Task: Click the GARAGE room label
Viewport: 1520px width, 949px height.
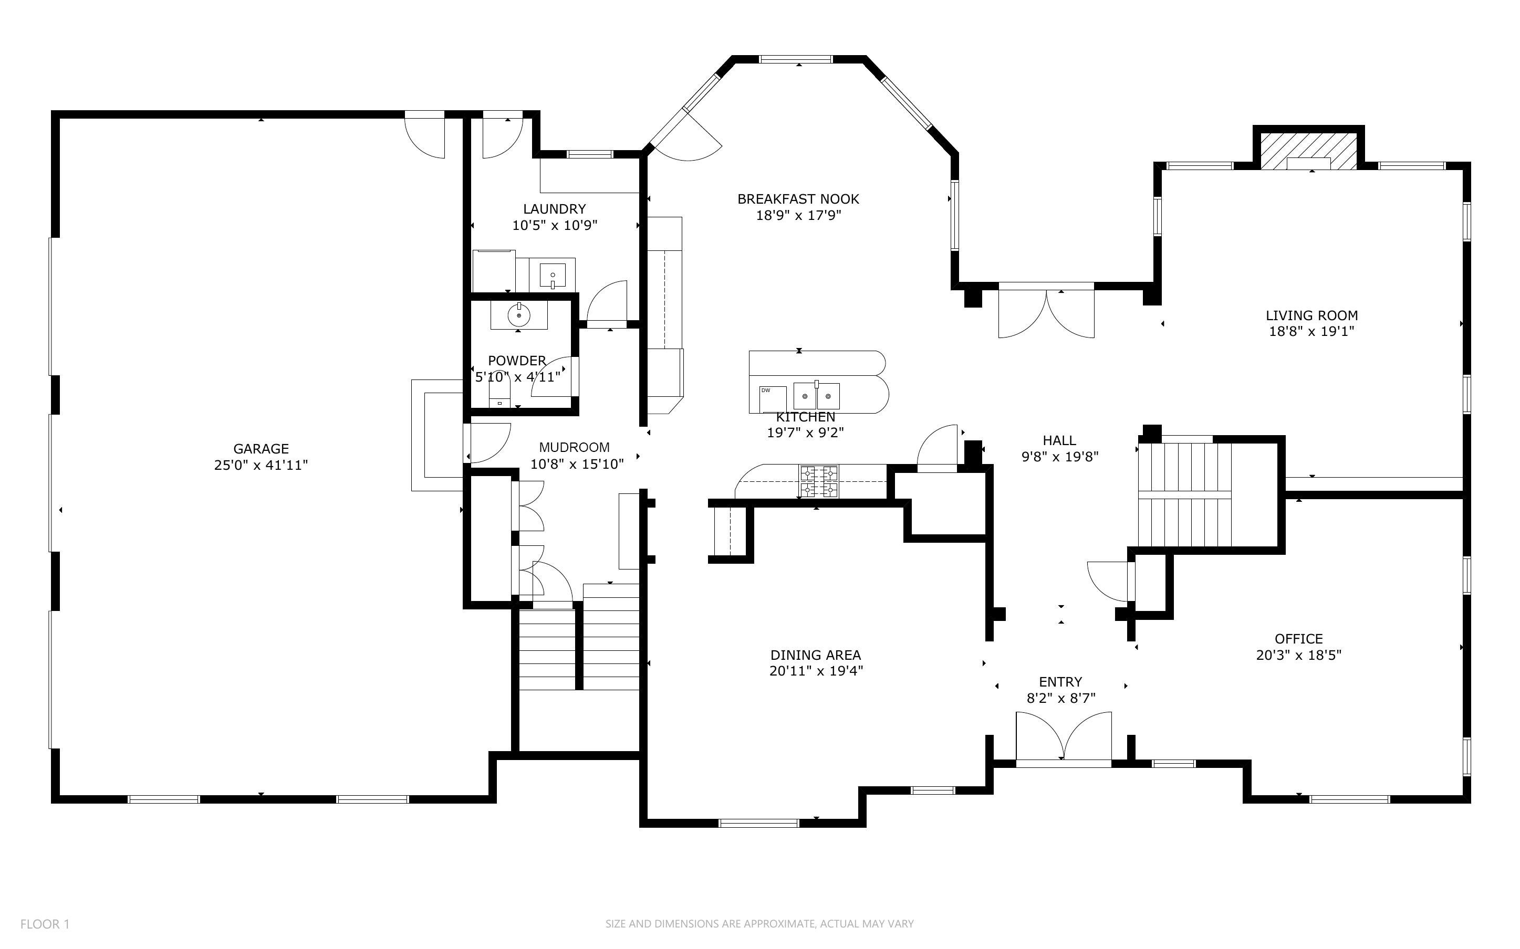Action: (x=261, y=449)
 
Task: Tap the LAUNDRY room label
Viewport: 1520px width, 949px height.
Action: (x=555, y=209)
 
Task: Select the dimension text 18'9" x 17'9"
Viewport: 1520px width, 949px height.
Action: (x=798, y=215)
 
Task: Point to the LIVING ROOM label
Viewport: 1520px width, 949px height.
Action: (x=1311, y=315)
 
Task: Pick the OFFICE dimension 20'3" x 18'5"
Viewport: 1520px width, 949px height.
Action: (x=1298, y=655)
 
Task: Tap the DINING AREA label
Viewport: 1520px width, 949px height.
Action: (x=816, y=655)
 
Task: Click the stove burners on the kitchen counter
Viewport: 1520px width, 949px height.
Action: (x=818, y=481)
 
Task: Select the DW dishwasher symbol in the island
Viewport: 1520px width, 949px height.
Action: (x=773, y=399)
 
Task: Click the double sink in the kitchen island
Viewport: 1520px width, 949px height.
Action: (x=817, y=397)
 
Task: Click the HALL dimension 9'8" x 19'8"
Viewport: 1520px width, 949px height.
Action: (x=1060, y=457)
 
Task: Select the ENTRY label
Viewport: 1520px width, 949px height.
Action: (x=1060, y=682)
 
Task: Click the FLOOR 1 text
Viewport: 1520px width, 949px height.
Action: (x=45, y=924)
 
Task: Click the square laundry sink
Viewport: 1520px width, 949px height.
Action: (x=553, y=276)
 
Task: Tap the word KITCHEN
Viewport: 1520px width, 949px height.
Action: (x=806, y=417)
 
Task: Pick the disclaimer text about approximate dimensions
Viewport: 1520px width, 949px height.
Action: (x=759, y=924)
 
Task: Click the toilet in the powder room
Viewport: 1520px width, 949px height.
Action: (x=500, y=394)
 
